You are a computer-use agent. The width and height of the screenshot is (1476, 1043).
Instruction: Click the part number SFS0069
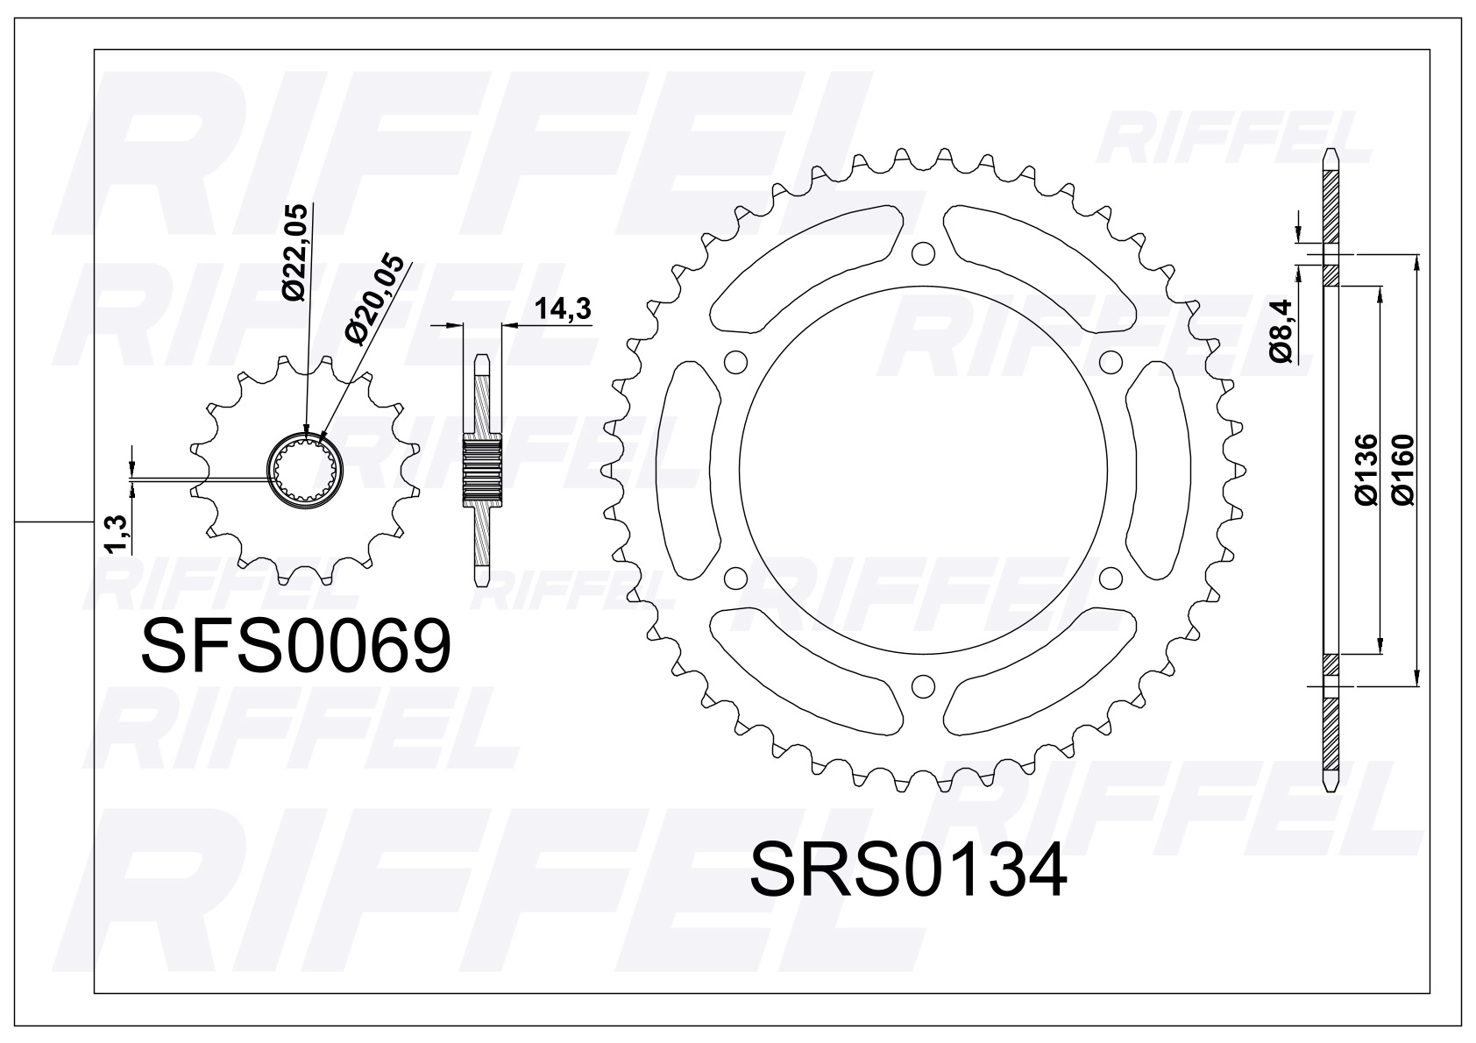(x=296, y=648)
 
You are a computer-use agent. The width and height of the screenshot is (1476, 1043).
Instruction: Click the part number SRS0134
(x=908, y=870)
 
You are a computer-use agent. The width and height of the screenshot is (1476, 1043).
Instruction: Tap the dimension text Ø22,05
(x=296, y=252)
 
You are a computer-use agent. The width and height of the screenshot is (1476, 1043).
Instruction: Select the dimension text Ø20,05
(x=375, y=300)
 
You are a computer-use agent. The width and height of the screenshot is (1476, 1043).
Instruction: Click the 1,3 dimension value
(x=117, y=535)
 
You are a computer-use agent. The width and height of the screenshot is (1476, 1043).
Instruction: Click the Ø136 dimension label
(x=1367, y=469)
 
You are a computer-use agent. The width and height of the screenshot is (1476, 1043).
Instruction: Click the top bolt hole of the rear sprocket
(x=922, y=253)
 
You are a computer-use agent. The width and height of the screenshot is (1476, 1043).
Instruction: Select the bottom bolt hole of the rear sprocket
(x=922, y=685)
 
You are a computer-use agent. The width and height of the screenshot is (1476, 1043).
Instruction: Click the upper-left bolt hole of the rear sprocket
(x=735, y=362)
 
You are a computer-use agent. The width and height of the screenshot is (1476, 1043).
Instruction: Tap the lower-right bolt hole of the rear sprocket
(x=1110, y=578)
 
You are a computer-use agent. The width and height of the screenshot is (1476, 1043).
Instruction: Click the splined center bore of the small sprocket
(x=306, y=470)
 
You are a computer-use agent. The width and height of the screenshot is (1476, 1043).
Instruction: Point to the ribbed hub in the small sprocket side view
(x=483, y=472)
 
